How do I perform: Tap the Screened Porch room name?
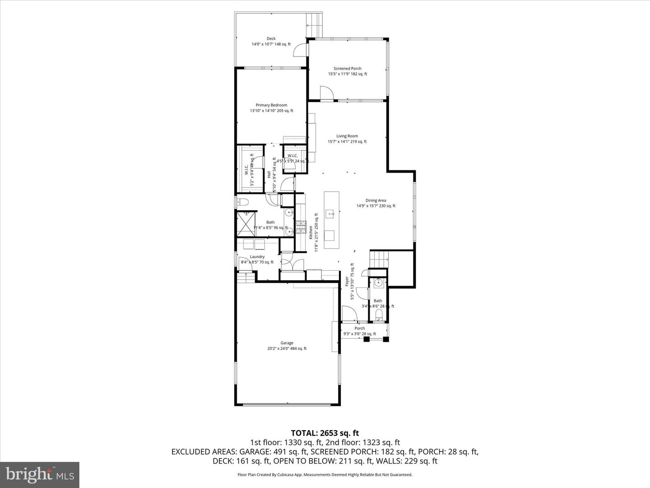tap(347, 69)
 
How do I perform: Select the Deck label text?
tap(271, 39)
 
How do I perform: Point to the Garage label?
tap(287, 343)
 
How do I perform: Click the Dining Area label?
tap(376, 201)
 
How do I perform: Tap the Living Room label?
tap(347, 136)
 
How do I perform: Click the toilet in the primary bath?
tap(242, 202)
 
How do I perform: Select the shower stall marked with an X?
tap(246, 224)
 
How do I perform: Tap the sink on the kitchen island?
tap(331, 213)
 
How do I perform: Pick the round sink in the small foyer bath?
tap(378, 283)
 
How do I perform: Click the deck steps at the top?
tap(315, 25)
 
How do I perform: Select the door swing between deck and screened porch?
tap(300, 51)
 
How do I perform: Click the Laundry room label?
tap(257, 257)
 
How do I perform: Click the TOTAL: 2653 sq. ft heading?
tap(325, 433)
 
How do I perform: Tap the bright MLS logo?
tap(40, 474)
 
